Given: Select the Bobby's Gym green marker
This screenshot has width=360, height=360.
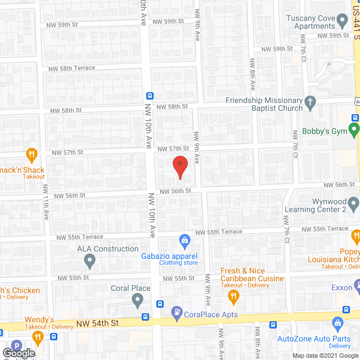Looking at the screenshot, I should tap(354, 130).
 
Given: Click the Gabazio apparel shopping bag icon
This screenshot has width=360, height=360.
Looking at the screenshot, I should tap(184, 241).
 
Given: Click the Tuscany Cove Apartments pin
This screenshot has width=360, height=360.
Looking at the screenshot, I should tap(341, 22).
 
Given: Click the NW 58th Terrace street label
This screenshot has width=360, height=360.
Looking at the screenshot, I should tap(71, 68).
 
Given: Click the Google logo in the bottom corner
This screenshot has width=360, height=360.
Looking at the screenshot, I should tap(18, 353).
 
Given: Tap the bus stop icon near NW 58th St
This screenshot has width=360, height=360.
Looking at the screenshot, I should tap(150, 96).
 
